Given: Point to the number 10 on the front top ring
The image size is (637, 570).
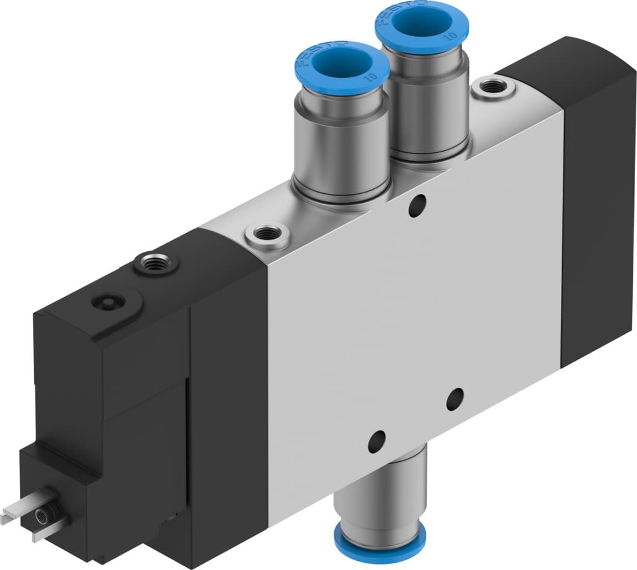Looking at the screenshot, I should tap(369, 77).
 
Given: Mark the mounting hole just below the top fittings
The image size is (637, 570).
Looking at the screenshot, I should tap(416, 205).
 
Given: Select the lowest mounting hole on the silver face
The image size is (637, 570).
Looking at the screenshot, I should tap(377, 441).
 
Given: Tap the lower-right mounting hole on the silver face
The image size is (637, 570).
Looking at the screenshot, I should tap(455, 399).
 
